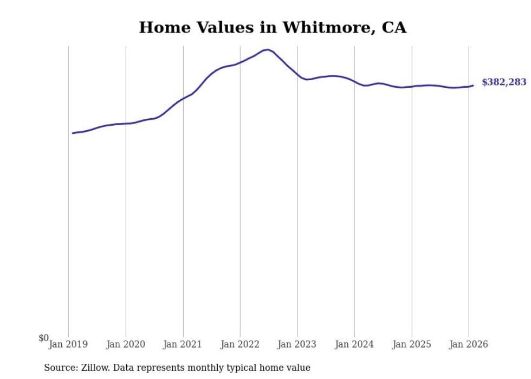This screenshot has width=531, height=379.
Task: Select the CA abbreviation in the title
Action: pyautogui.click(x=394, y=28)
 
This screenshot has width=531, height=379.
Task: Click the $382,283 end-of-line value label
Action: pyautogui.click(x=503, y=82)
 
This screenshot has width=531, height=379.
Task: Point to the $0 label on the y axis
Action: pyautogui.click(x=43, y=338)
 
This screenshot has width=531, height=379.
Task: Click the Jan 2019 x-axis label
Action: pyautogui.click(x=68, y=344)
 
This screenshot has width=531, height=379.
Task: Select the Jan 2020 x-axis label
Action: pyautogui.click(x=126, y=344)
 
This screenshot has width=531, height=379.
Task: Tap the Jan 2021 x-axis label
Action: pyautogui.click(x=183, y=344)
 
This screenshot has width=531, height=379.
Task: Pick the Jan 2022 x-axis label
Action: pyautogui.click(x=240, y=344)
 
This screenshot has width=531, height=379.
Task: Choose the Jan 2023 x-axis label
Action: pyautogui.click(x=297, y=344)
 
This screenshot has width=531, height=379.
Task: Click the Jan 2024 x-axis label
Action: pyautogui.click(x=354, y=344)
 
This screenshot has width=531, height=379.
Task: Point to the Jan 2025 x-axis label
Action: pyautogui.click(x=412, y=344)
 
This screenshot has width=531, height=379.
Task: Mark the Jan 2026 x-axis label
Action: pyautogui.click(x=469, y=344)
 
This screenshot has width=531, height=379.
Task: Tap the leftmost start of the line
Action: pyautogui.click(x=73, y=133)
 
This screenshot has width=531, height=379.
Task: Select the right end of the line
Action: pyautogui.click(x=473, y=85)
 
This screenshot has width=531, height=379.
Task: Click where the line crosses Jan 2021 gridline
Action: pyautogui.click(x=183, y=99)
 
